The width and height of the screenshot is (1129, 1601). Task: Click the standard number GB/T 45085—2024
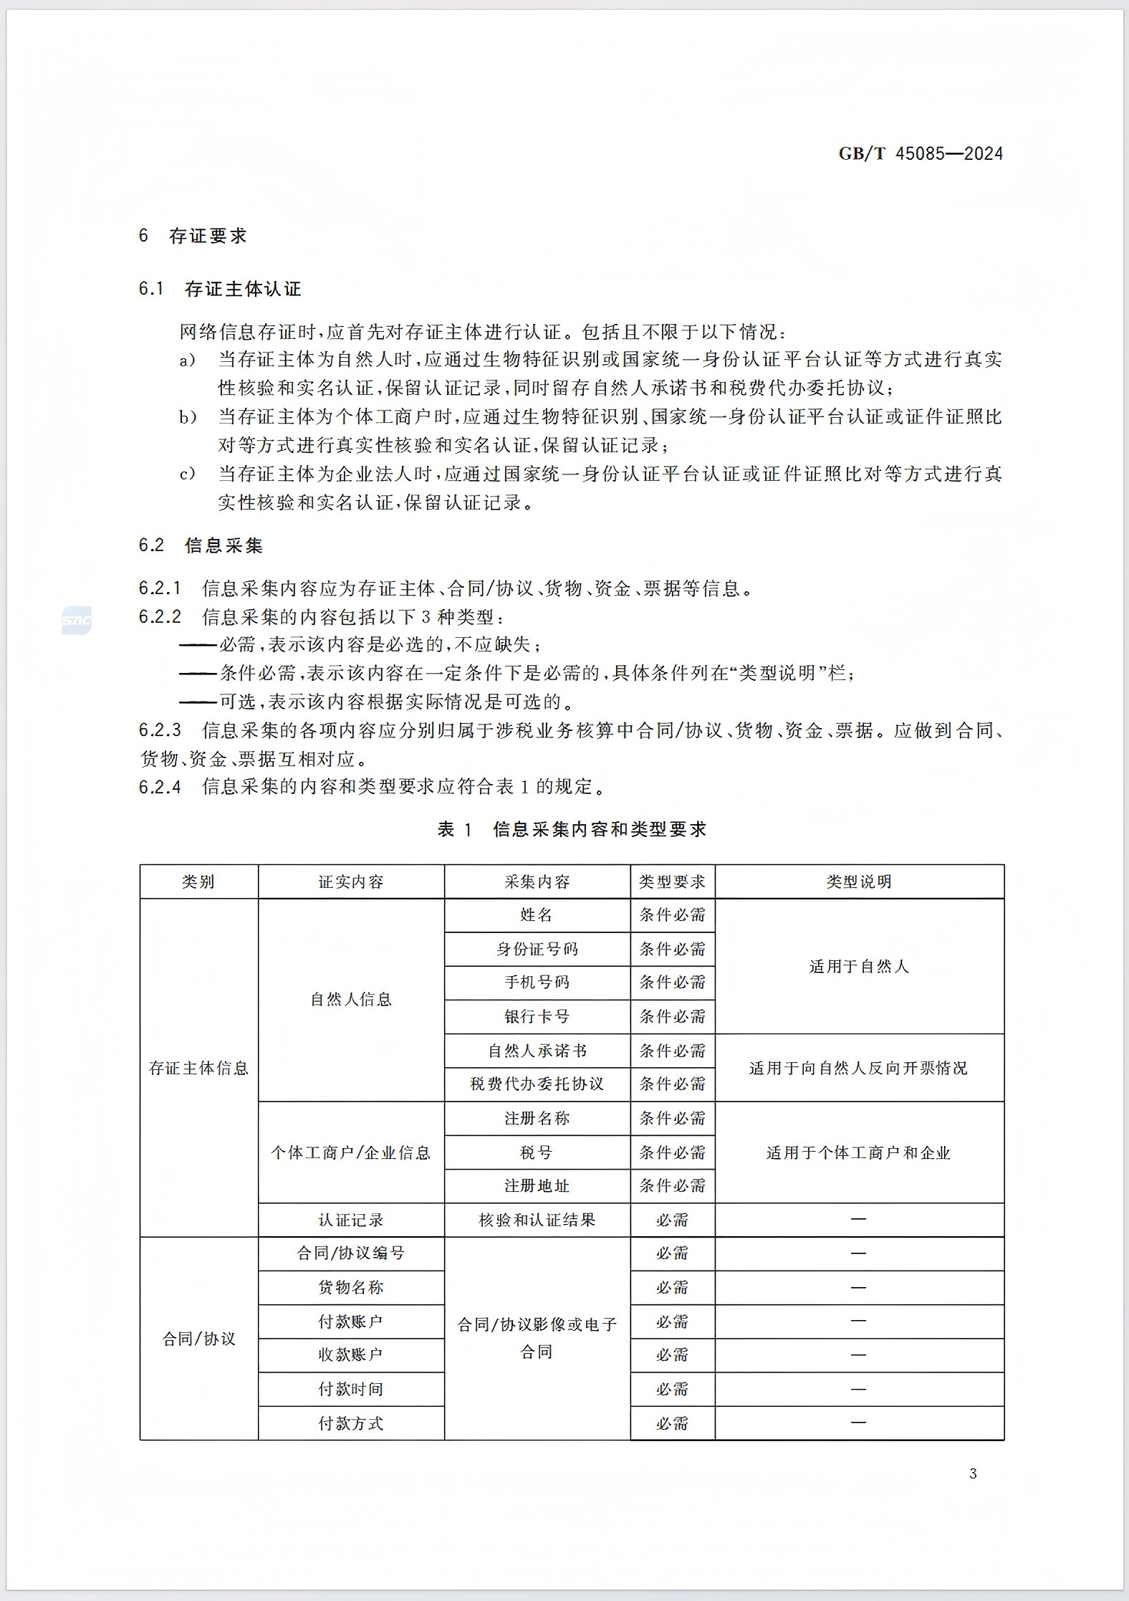(x=921, y=153)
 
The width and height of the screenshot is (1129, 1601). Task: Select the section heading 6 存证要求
(x=193, y=236)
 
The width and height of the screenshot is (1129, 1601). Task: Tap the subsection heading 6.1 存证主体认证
(x=220, y=289)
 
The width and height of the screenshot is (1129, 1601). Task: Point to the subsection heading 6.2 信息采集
(x=201, y=545)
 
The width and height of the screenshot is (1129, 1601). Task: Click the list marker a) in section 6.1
(x=187, y=360)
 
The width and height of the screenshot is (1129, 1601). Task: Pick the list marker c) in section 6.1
(x=187, y=474)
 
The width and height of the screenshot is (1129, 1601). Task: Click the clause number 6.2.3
(x=160, y=730)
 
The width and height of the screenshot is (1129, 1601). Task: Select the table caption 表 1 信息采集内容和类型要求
(x=572, y=829)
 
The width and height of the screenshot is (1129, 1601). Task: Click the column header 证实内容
(x=351, y=881)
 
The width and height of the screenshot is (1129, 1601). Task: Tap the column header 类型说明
(x=859, y=881)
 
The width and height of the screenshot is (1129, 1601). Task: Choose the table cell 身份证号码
(x=537, y=949)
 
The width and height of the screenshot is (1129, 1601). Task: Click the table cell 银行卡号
(x=537, y=1016)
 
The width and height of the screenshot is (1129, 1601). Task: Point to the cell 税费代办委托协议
(x=537, y=1084)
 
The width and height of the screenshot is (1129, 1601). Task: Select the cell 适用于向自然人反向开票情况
(x=859, y=1068)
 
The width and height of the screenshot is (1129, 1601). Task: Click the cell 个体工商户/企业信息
(x=351, y=1152)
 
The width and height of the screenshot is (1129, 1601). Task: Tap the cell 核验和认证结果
(x=537, y=1220)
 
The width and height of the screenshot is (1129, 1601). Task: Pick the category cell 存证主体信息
(x=198, y=1068)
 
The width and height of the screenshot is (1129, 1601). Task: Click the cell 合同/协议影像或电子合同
(x=537, y=1338)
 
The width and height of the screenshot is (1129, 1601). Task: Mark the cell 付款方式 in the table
(x=351, y=1423)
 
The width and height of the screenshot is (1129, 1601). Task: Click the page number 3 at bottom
(x=973, y=1473)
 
